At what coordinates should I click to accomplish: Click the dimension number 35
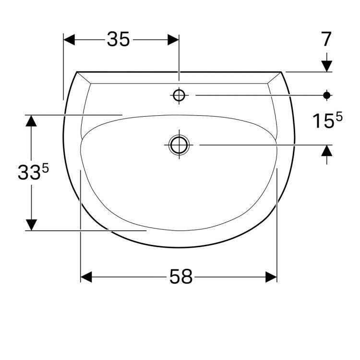pos(118,39)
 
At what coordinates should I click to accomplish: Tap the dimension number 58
pos(180,276)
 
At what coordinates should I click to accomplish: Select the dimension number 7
pos(326,39)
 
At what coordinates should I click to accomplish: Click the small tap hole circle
pos(179,95)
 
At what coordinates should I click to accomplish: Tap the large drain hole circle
pos(179,145)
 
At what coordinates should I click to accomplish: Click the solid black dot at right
pos(327,95)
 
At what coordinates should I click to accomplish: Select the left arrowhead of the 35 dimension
pos(69,40)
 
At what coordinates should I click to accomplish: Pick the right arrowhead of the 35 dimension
pos(173,40)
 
